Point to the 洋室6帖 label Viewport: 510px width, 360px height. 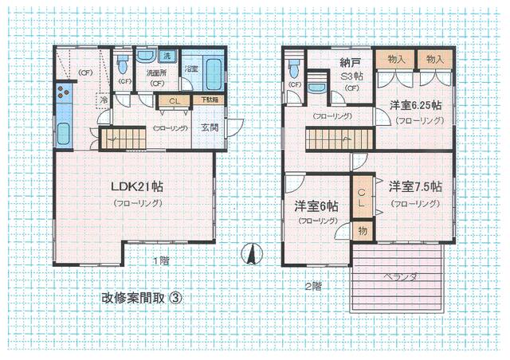point(316,205)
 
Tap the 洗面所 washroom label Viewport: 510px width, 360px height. point(155,73)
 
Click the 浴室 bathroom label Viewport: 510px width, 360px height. point(190,70)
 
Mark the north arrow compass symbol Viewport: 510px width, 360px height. point(249,254)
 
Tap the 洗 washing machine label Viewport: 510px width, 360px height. point(167,57)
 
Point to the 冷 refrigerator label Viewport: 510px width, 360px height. point(104,100)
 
